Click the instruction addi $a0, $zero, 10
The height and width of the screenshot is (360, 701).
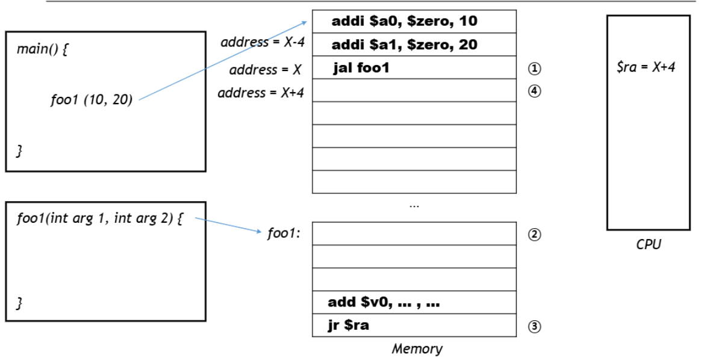(x=404, y=21)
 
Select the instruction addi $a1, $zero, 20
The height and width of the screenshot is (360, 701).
(x=404, y=44)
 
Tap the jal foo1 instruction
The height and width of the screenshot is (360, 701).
(x=361, y=68)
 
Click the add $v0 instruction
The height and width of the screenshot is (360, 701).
(x=384, y=302)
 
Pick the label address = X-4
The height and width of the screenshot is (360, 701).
(x=263, y=42)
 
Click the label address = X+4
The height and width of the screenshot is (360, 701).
(x=261, y=93)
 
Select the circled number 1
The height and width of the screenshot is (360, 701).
(x=534, y=69)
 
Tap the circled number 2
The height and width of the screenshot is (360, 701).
(x=534, y=234)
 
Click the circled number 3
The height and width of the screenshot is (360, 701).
(x=534, y=326)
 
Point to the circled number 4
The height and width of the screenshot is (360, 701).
(x=534, y=91)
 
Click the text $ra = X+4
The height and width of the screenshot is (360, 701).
(x=646, y=67)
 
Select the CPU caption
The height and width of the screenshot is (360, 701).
(x=648, y=244)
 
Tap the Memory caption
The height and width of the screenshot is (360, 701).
(x=417, y=349)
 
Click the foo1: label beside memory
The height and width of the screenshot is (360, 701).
(x=284, y=233)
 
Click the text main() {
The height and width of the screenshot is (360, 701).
(x=42, y=49)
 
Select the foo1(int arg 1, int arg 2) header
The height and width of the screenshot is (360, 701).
(x=100, y=219)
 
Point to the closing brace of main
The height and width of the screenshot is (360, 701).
(x=19, y=151)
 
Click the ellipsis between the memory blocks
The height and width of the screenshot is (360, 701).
(x=414, y=206)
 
